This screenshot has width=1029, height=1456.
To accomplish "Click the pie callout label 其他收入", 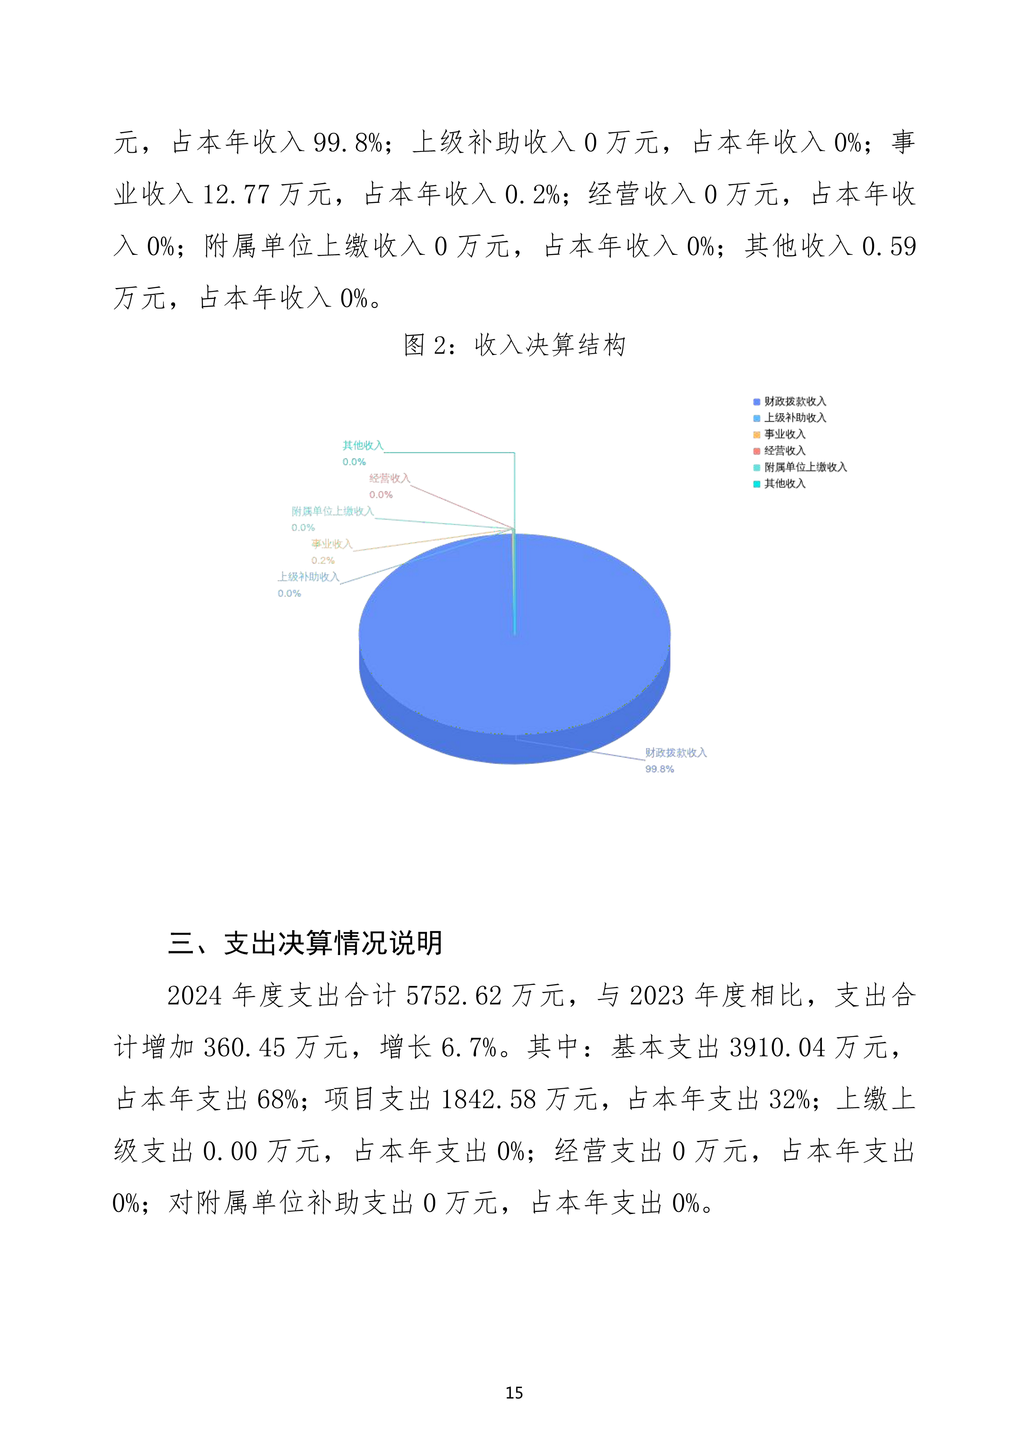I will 363,446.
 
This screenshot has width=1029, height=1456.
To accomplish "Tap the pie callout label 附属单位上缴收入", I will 332,511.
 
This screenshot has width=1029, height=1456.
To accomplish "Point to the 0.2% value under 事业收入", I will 323,561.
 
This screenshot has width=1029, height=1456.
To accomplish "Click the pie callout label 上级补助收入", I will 308,577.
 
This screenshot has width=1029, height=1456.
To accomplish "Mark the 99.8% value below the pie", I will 659,769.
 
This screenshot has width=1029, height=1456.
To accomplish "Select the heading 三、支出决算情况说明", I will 305,943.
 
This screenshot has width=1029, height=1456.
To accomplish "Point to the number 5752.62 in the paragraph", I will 454,996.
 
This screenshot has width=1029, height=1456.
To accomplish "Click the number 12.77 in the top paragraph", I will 236,195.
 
